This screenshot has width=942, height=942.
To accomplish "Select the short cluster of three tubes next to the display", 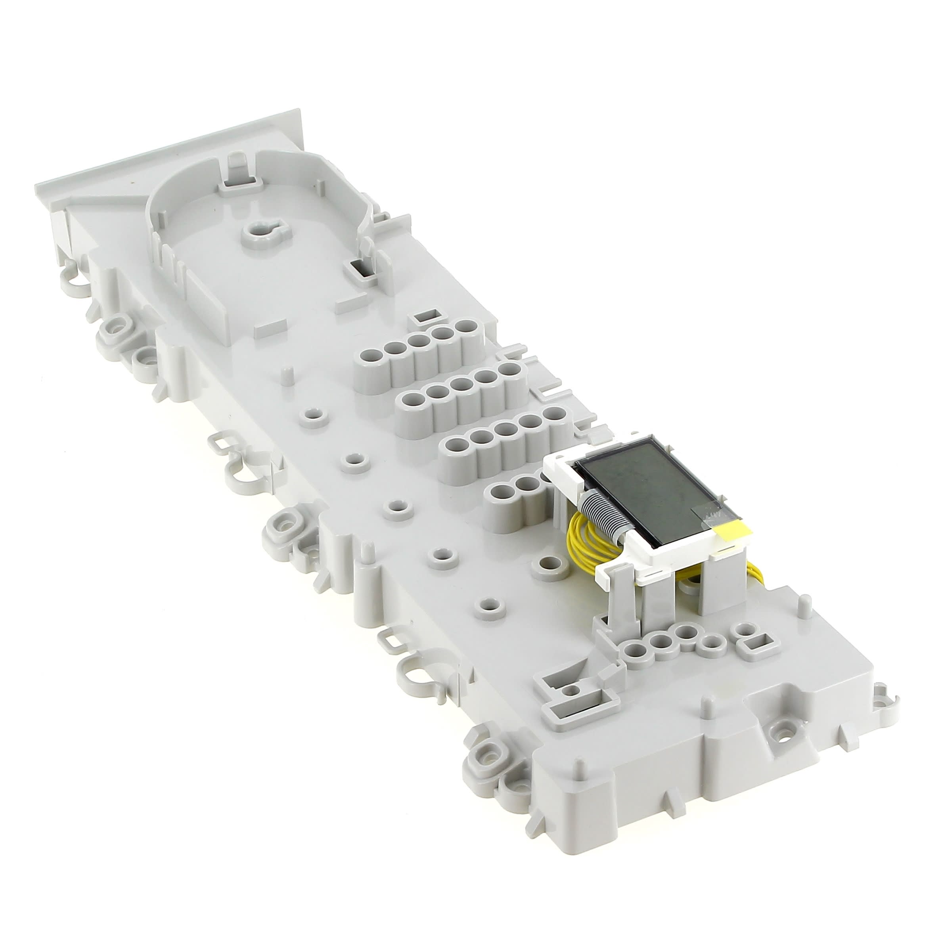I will click(x=514, y=492).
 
